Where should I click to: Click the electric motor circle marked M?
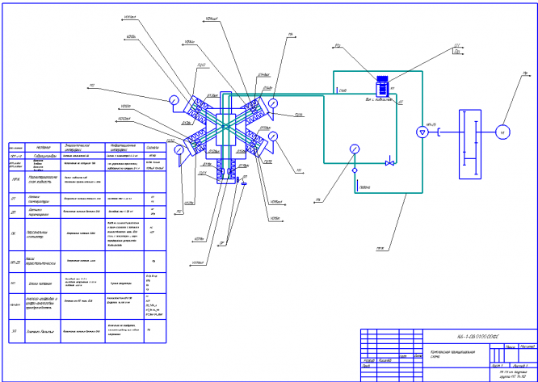500,132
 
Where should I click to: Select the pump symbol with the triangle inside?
420,132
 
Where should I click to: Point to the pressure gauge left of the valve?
353,149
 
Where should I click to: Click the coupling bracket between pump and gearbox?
437,132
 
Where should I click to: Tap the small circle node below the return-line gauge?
353,170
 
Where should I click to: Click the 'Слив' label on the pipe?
343,90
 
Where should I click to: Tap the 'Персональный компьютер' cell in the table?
40,237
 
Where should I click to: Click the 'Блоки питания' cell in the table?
40,283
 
